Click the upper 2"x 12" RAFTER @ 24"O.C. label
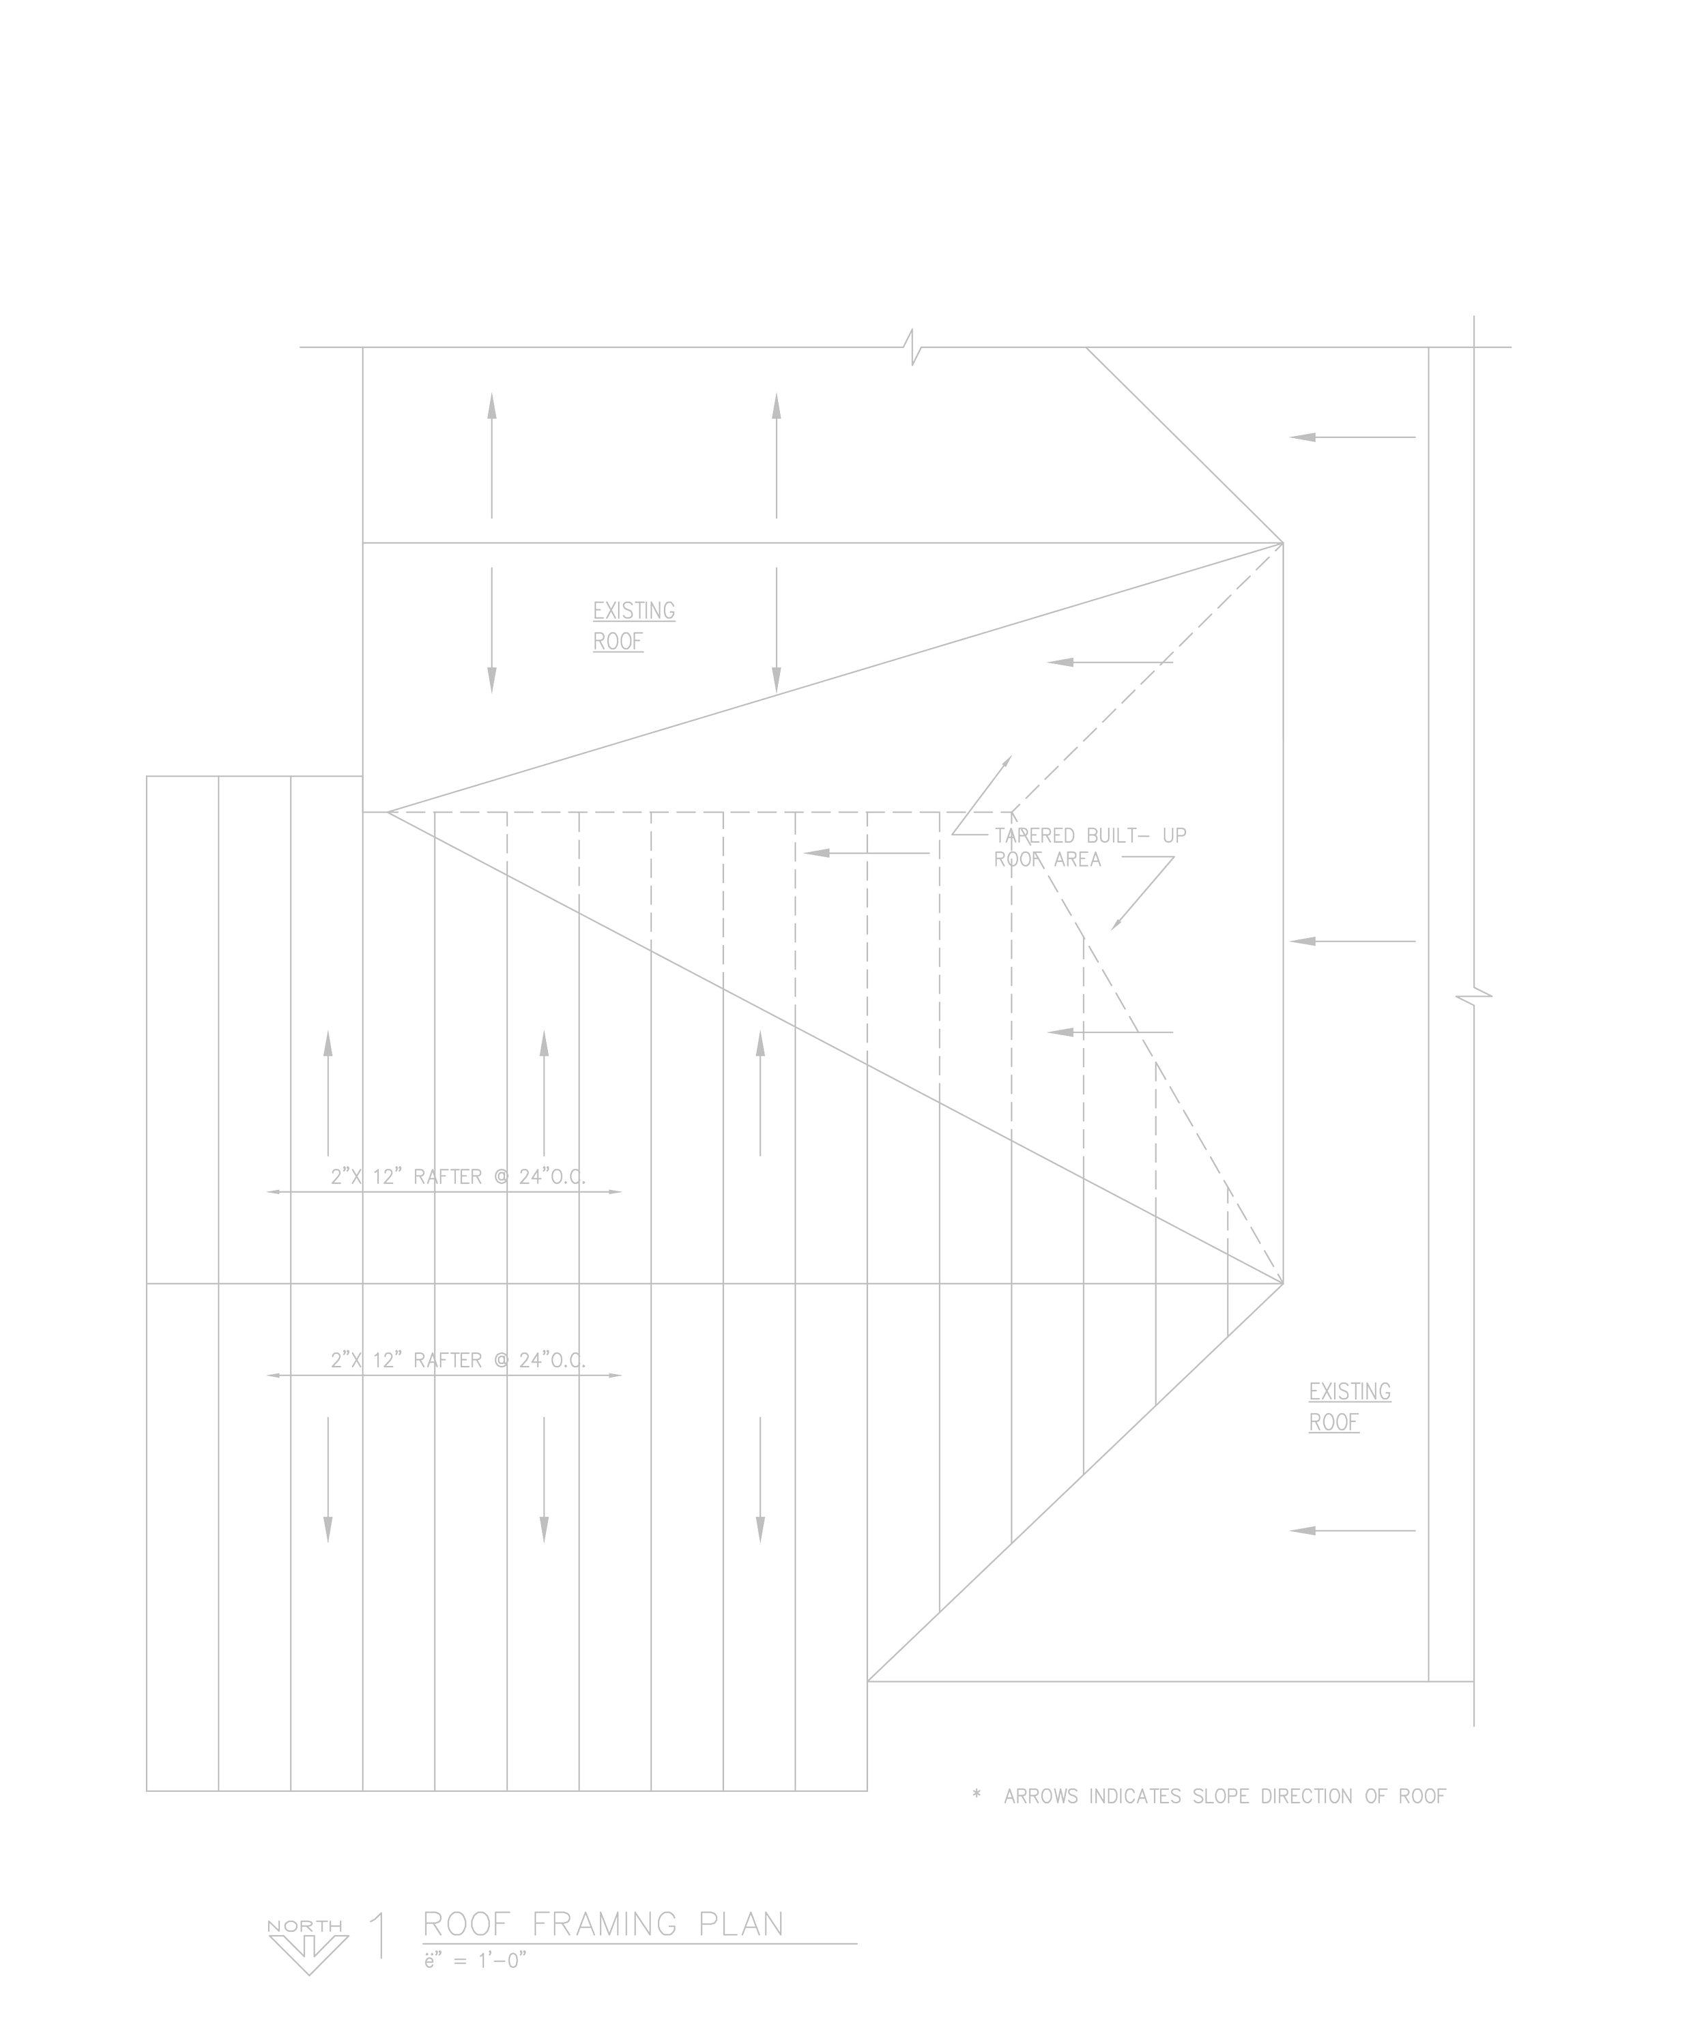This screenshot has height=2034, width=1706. (457, 1177)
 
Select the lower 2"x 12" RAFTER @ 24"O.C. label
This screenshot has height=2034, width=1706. (457, 1360)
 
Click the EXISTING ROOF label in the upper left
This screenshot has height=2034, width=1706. (633, 626)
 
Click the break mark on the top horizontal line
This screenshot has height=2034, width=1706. (914, 347)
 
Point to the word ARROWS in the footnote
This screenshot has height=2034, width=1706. (1041, 1797)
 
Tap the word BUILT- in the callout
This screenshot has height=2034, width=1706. (1121, 836)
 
